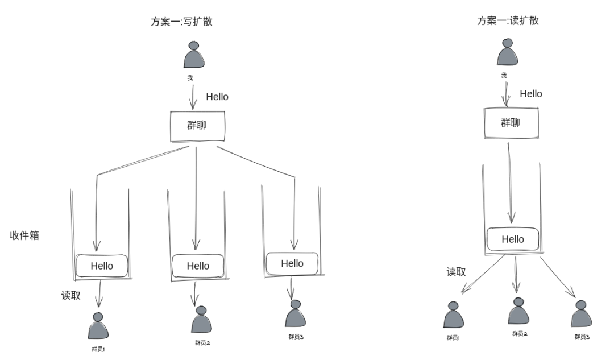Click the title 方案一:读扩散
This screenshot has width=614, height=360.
(508, 21)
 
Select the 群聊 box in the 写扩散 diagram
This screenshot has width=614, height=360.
(197, 126)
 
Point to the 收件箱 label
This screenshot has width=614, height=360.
(24, 235)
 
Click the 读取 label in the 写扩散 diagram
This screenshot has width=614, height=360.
(71, 296)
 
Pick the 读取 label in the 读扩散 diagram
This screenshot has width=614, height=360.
(456, 272)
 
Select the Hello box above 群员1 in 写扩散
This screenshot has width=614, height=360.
(102, 266)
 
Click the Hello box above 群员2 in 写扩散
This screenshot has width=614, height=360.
(198, 266)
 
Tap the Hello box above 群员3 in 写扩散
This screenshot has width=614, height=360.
(292, 263)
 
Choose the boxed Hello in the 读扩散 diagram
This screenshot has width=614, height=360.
(513, 239)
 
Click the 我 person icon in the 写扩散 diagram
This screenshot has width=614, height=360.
(194, 56)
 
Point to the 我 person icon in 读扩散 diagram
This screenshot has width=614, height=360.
(507, 53)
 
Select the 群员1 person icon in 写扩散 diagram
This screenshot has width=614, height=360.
(98, 326)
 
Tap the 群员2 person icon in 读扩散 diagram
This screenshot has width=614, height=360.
(518, 311)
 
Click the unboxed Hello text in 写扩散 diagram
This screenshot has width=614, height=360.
(217, 97)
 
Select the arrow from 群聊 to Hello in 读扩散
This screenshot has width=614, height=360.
(511, 182)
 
